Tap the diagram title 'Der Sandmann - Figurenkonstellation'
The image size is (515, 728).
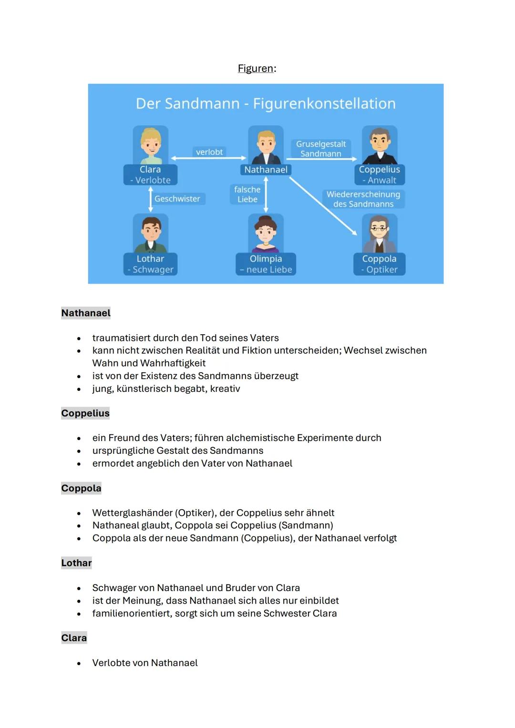266,103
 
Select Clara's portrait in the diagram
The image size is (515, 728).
151,145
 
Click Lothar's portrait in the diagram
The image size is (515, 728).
151,233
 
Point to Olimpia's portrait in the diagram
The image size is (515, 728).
266,233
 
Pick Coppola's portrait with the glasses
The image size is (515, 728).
380,233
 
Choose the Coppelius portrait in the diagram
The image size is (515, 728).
380,145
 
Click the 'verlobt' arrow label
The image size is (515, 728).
209,152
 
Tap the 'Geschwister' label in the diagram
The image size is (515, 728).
177,199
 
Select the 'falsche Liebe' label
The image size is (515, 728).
247,195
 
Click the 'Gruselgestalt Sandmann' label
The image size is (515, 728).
321,149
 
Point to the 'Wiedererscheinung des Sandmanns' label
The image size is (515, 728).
363,199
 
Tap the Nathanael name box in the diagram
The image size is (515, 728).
266,170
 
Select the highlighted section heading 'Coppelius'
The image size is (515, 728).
85,413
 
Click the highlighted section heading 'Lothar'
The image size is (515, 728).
76,563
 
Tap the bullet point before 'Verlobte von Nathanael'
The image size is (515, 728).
79,664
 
